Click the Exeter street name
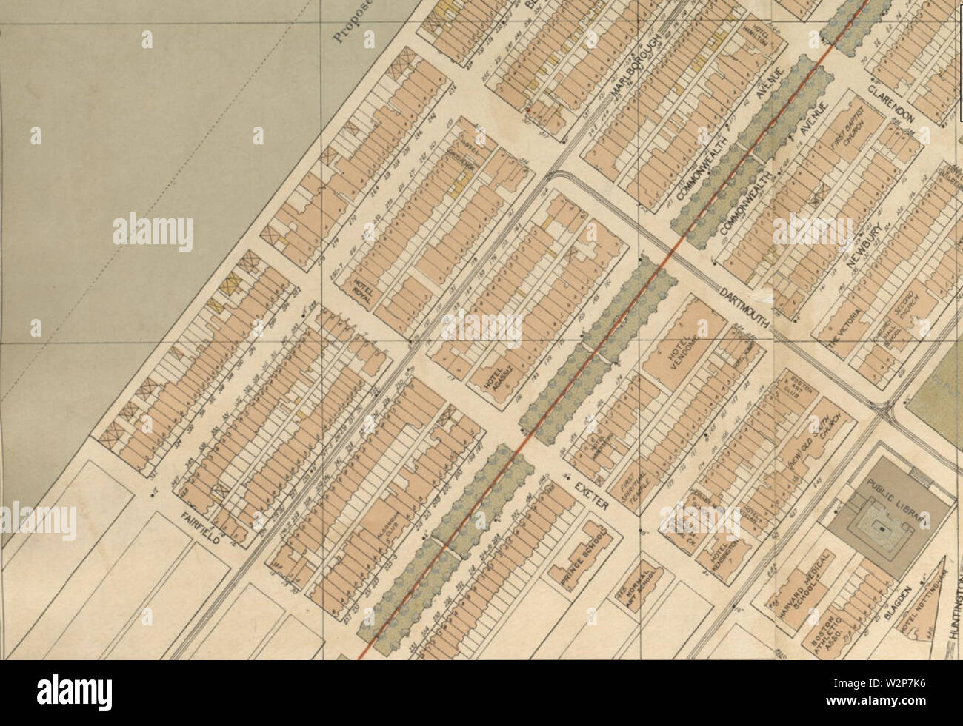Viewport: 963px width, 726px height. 589,494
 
